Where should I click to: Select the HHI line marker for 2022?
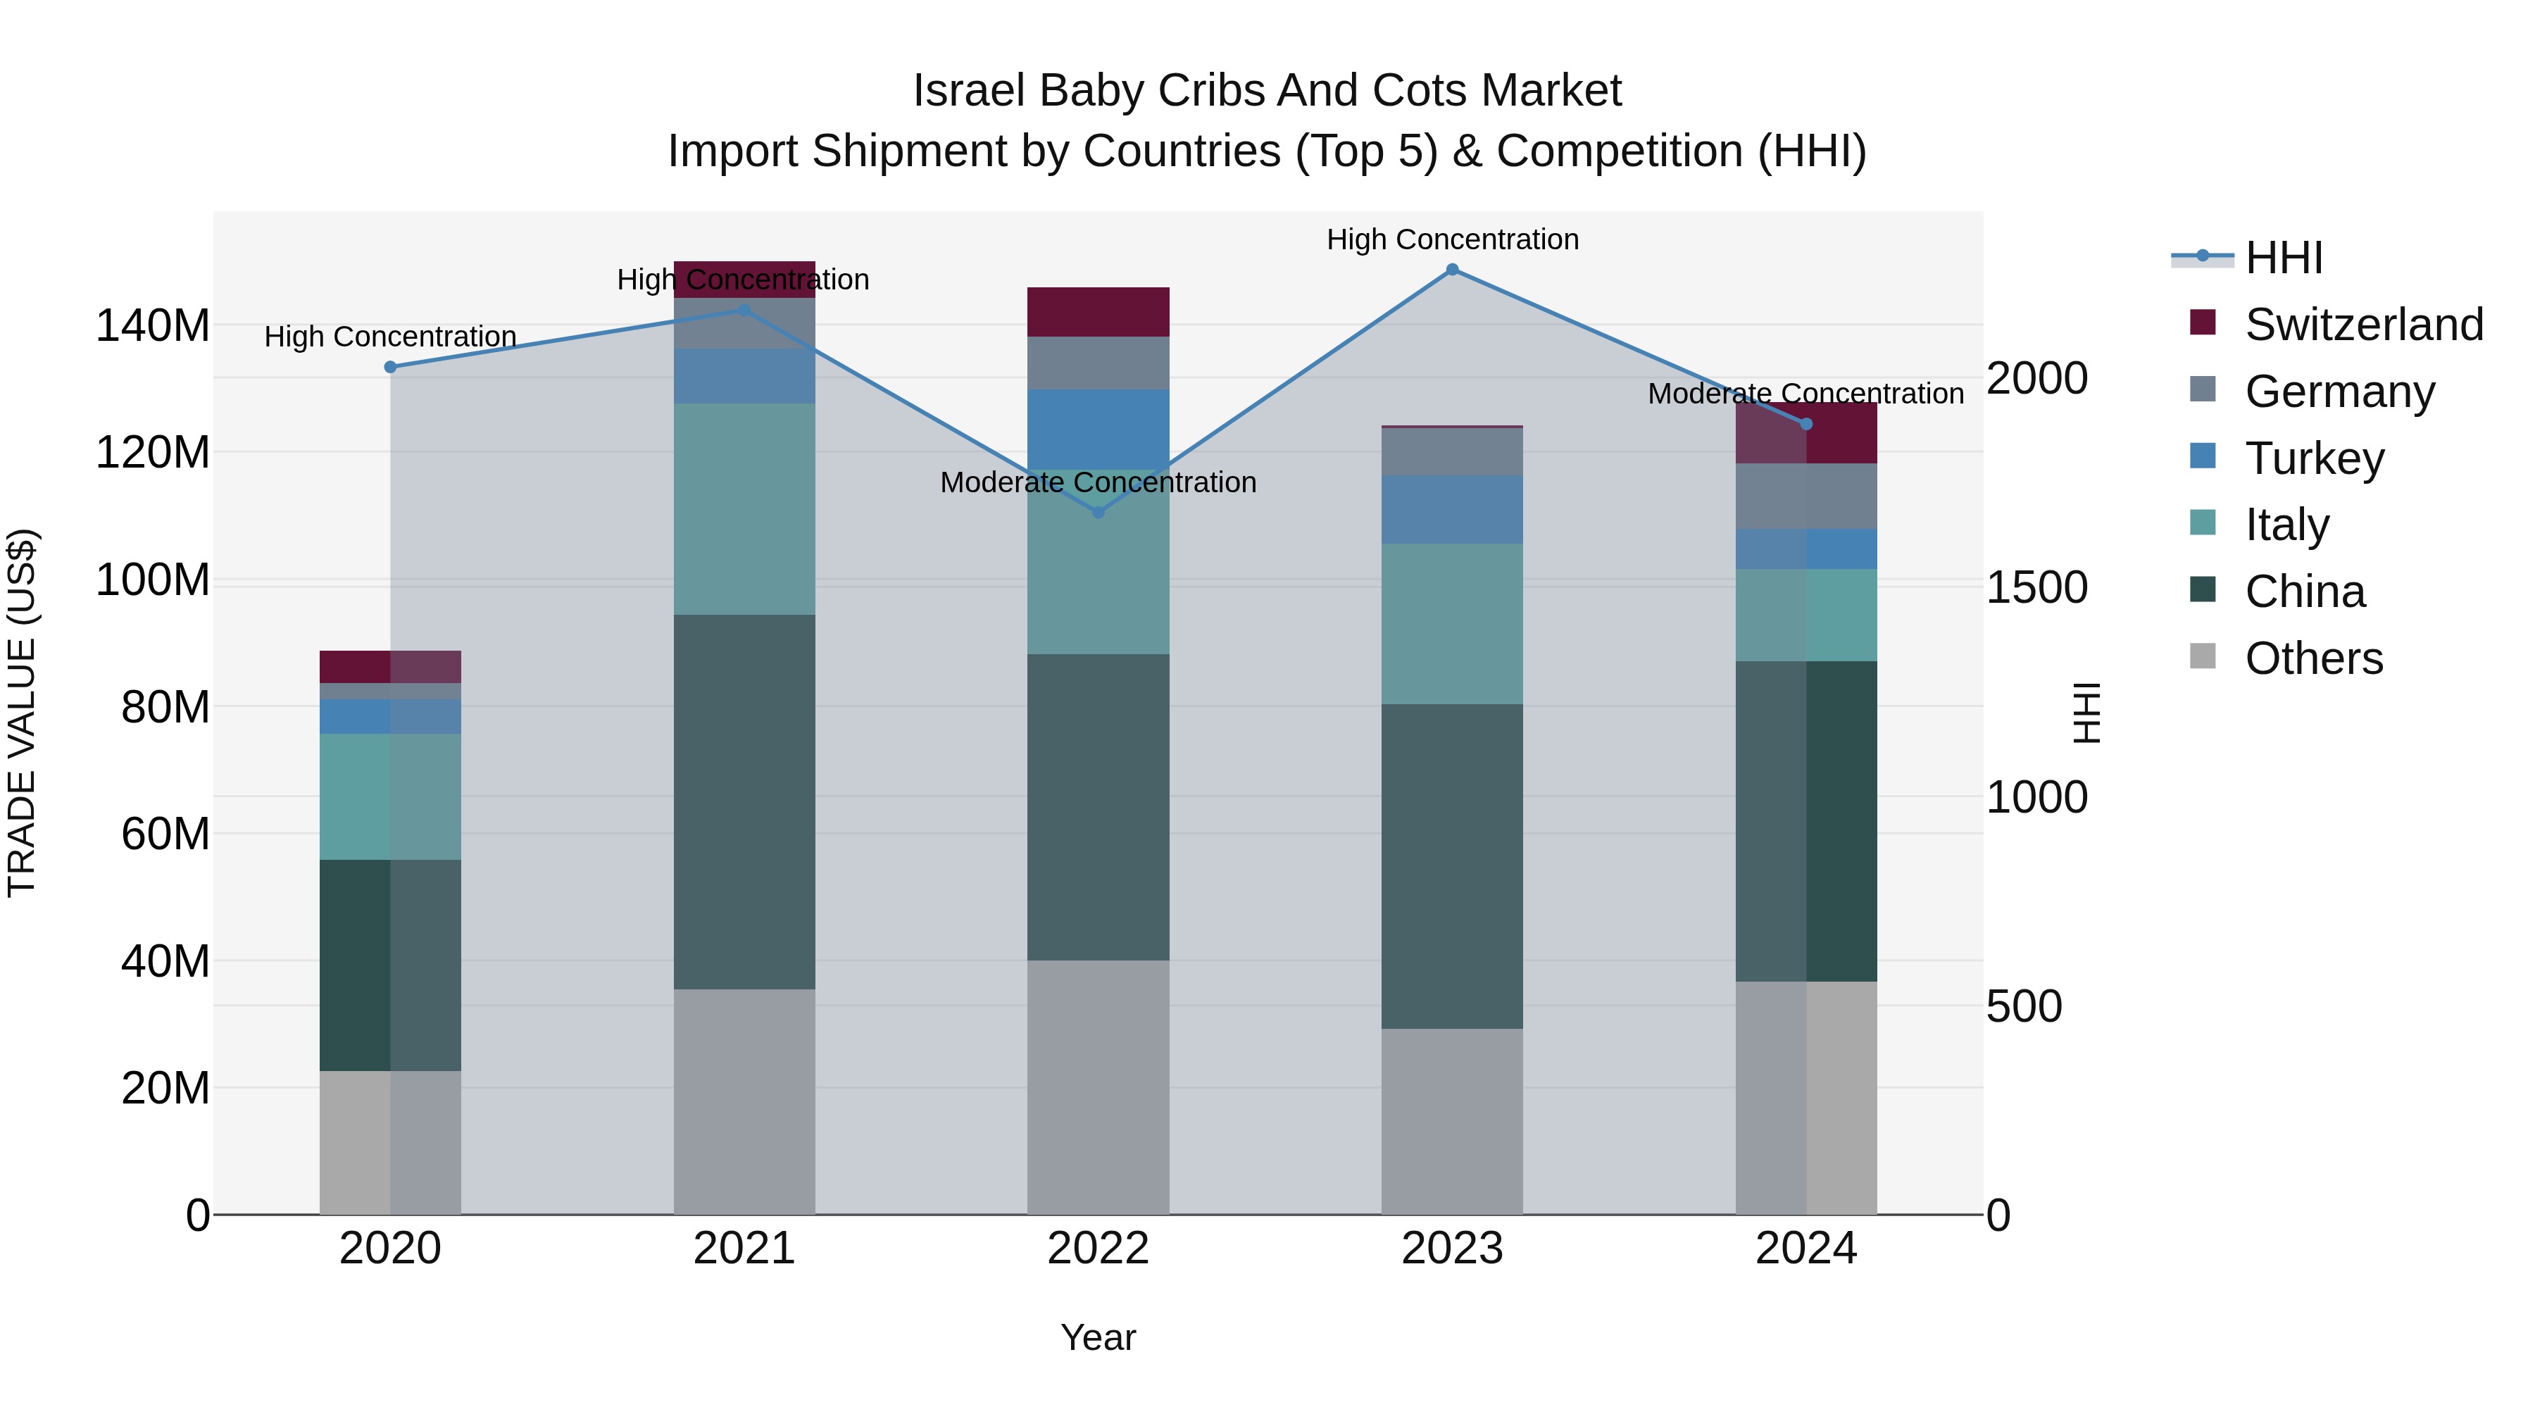coord(1098,512)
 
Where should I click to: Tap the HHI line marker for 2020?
coord(391,367)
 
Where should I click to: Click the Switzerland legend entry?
coord(2364,325)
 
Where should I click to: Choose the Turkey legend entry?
coord(2314,458)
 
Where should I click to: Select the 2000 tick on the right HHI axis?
coord(2036,378)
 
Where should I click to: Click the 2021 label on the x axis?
coord(744,1249)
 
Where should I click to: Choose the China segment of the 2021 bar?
coord(744,802)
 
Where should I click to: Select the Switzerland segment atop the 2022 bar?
coord(1098,312)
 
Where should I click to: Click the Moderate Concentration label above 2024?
coord(1805,394)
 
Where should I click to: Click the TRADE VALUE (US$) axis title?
coord(22,713)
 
